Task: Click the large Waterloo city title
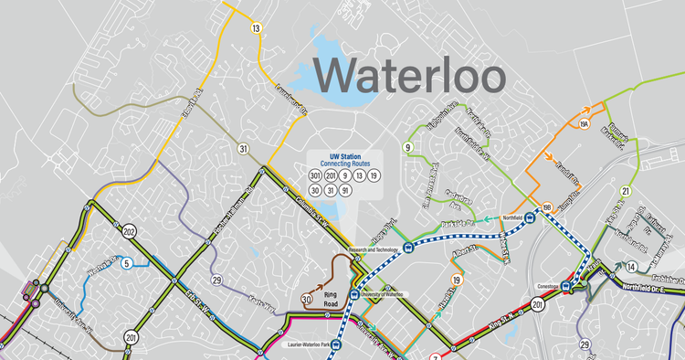point(411,73)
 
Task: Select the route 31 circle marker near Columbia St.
point(243,148)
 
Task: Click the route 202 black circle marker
point(131,230)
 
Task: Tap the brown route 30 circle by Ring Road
point(306,297)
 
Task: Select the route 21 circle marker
point(626,191)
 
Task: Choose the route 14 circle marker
point(631,267)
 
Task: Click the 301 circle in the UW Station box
point(315,175)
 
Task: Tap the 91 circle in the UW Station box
point(344,190)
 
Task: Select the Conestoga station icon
point(566,283)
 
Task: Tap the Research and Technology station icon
point(359,259)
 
